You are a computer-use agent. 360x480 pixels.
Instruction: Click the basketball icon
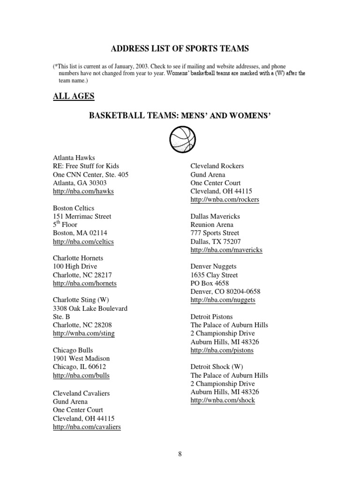click(180, 140)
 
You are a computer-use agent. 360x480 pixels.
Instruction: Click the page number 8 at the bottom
click(180, 453)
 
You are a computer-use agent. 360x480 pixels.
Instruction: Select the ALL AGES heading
click(73, 96)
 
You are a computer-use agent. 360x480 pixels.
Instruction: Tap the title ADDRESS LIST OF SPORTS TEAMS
click(180, 49)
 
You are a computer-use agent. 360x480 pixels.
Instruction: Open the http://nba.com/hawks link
click(83, 191)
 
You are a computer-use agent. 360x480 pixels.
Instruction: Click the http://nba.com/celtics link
click(83, 241)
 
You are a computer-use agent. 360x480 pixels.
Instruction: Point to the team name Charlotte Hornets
click(78, 258)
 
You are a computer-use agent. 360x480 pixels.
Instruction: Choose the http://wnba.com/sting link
click(83, 333)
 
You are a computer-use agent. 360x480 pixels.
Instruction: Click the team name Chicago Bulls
click(73, 350)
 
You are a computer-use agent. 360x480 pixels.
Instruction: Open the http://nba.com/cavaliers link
click(87, 427)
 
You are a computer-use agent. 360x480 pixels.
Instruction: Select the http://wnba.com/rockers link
click(225, 200)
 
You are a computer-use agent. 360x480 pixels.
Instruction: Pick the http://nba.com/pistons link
click(222, 350)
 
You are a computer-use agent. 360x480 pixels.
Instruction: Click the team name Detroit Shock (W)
click(217, 367)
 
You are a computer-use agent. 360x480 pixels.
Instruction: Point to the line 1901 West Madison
click(81, 359)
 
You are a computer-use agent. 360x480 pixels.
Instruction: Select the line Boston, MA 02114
click(80, 233)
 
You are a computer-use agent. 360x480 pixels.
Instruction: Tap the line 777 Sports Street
click(215, 233)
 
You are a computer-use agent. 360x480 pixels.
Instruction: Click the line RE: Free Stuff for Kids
click(86, 166)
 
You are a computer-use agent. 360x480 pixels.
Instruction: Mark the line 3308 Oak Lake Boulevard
click(90, 308)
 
